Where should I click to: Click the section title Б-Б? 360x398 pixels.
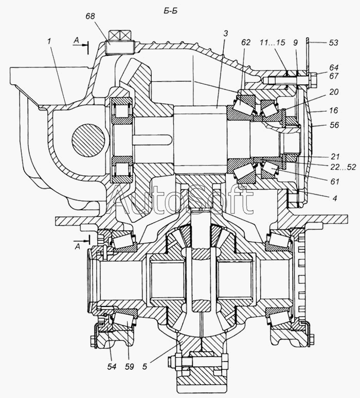(x=170, y=11)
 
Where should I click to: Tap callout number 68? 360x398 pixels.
(x=90, y=16)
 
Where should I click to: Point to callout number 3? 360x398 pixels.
(x=226, y=33)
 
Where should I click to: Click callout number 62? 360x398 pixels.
(x=245, y=42)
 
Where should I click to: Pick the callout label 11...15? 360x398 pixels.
(x=273, y=42)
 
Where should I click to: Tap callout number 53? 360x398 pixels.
(x=334, y=43)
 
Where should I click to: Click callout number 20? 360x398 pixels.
(x=334, y=92)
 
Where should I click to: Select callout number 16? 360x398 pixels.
(x=334, y=110)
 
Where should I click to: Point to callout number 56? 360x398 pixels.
(x=334, y=125)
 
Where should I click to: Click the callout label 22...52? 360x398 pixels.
(x=343, y=167)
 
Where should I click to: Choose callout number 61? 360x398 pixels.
(x=335, y=182)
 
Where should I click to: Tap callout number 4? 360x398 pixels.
(x=335, y=198)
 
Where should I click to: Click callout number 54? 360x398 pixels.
(x=112, y=367)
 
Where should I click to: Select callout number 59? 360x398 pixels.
(x=129, y=367)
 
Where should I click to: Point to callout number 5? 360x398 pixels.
(x=145, y=367)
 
